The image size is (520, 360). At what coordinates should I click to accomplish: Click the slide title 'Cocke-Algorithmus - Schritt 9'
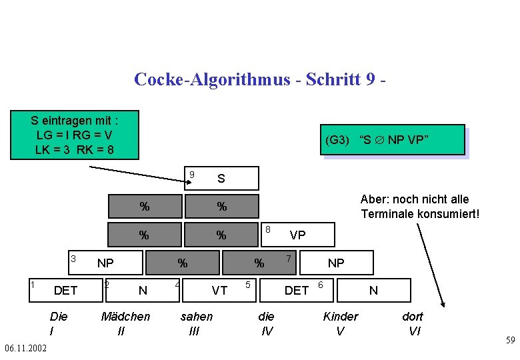click(260, 79)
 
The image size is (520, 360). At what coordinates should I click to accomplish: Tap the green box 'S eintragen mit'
click(75, 135)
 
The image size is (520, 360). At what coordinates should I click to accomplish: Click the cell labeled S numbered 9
click(221, 179)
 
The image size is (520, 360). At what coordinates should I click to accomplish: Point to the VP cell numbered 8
click(297, 235)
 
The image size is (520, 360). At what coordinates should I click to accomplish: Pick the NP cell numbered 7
click(335, 263)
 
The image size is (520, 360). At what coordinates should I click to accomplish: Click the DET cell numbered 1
click(65, 290)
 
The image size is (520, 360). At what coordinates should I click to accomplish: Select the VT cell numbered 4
click(219, 290)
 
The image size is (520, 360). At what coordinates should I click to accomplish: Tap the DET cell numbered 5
click(296, 290)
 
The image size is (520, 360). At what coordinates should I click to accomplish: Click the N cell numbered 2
click(142, 290)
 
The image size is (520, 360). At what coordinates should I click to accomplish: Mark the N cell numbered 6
click(373, 290)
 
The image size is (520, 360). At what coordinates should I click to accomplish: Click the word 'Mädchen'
click(125, 317)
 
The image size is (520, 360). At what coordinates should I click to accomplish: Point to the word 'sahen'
click(197, 317)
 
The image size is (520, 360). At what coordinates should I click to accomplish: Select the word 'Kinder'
click(340, 317)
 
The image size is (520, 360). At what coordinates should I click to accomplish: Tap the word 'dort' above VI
click(412, 317)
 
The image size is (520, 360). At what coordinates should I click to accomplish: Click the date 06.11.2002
click(25, 349)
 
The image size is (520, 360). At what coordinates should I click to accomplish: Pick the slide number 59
click(510, 341)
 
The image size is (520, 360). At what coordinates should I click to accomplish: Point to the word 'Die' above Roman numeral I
click(59, 317)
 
